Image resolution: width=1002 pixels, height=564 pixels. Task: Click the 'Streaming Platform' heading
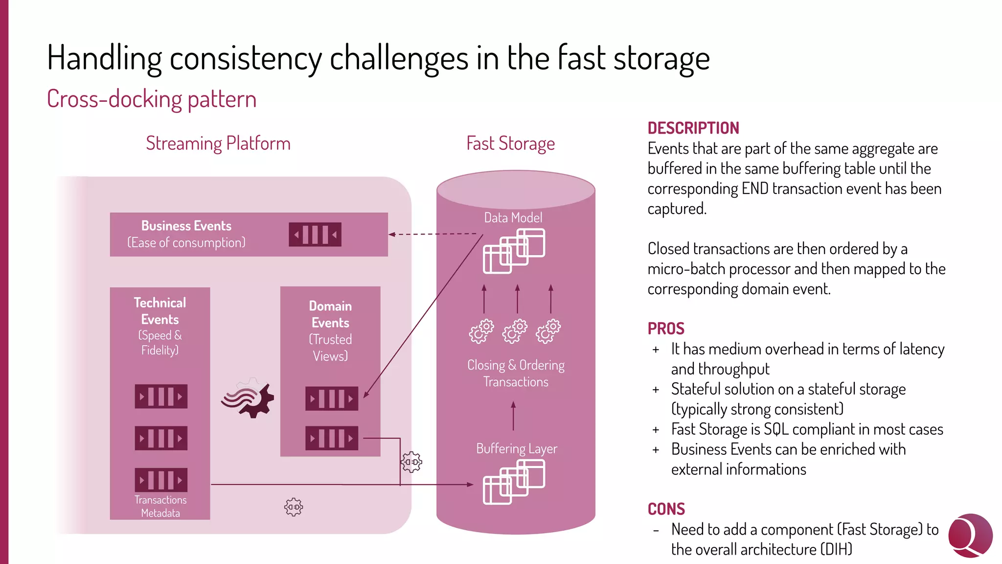click(x=218, y=143)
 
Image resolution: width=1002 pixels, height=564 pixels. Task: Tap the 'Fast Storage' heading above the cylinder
click(x=510, y=143)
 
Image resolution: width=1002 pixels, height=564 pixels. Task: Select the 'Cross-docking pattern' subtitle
click(x=152, y=99)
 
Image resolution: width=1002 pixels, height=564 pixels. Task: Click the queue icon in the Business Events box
click(x=315, y=235)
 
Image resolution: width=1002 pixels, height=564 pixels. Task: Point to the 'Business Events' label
click(x=186, y=226)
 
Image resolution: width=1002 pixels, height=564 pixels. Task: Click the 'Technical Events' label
click(x=160, y=311)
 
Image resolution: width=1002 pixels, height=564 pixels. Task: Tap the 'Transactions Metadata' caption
click(x=160, y=506)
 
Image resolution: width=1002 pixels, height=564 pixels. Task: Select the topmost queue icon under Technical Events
click(x=161, y=397)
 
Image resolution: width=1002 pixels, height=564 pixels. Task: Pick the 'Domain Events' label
click(x=330, y=314)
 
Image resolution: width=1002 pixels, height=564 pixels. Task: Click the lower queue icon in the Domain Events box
click(x=331, y=438)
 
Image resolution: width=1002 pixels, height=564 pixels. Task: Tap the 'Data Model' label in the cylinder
click(x=513, y=218)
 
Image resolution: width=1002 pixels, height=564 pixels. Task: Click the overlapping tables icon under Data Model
click(x=514, y=251)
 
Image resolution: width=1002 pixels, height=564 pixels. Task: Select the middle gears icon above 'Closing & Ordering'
click(x=515, y=331)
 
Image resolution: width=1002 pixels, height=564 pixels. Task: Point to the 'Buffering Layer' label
click(x=516, y=448)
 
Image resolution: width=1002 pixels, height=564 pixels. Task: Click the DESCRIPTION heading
click(x=693, y=128)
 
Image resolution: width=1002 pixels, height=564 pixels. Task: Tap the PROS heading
click(x=665, y=329)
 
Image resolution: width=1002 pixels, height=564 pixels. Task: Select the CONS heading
click(x=666, y=509)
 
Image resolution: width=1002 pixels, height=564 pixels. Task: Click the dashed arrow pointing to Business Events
click(x=433, y=234)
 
